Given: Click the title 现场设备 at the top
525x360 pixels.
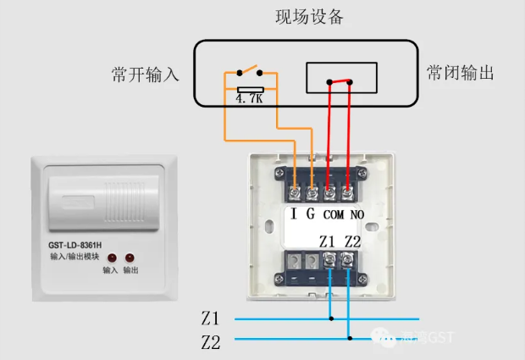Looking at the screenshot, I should [x=309, y=17].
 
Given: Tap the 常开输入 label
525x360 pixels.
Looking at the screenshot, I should [x=146, y=75].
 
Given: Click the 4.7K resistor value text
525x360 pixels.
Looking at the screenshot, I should [x=250, y=97].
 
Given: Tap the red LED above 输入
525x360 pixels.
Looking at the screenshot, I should [x=111, y=257].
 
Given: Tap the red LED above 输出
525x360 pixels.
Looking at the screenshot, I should [x=130, y=257].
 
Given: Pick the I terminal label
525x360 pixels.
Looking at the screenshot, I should [x=294, y=214].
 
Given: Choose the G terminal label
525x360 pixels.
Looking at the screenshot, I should [x=310, y=214].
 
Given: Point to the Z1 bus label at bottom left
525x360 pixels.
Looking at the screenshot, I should [x=210, y=319].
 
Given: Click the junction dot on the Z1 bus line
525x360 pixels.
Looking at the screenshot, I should [x=331, y=319].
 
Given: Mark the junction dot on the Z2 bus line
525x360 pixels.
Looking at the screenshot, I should [x=348, y=339].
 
